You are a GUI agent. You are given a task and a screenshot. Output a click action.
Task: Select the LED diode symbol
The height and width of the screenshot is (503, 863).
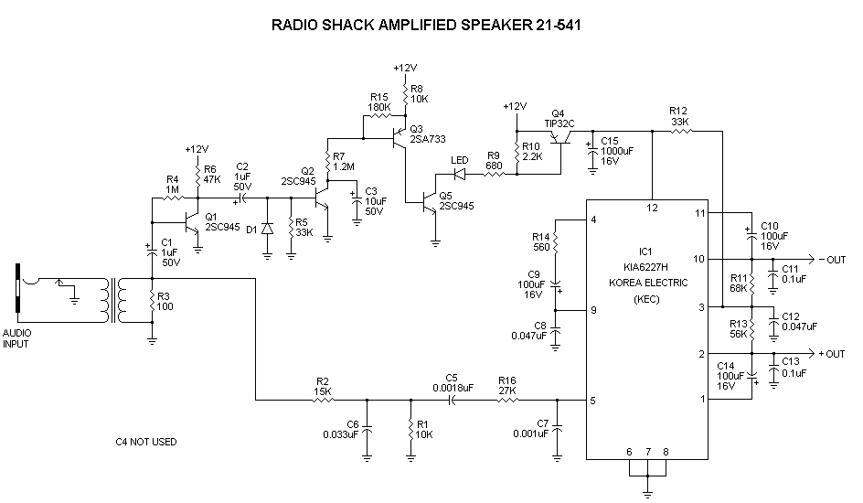pos(460,174)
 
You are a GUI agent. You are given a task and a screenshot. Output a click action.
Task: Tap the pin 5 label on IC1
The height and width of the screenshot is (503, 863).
pos(594,400)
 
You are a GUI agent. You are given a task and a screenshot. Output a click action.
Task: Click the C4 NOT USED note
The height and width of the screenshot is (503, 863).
pos(146,443)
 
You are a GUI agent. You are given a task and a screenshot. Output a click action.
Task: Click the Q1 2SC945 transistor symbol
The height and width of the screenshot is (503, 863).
pos(192,221)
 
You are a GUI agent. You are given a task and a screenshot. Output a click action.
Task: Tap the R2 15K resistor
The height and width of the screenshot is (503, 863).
pos(323,399)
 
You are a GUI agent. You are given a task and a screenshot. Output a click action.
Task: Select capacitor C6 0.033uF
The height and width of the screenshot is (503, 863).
pos(368,430)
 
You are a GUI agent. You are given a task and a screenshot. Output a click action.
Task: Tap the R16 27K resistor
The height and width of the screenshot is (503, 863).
pos(507,399)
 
